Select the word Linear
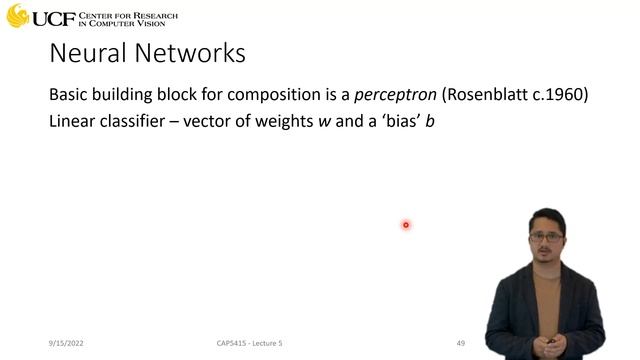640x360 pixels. coord(73,126)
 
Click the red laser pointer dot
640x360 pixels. coord(406,225)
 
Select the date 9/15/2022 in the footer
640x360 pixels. coord(66,344)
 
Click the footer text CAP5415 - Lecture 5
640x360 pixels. coord(250,344)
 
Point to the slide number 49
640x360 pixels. coord(461,344)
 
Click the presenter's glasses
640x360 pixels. coord(544,237)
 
